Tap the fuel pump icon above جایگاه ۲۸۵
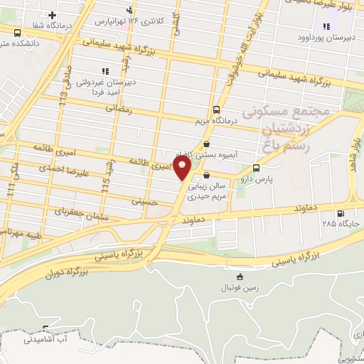(341, 213)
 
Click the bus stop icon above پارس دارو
(256, 168)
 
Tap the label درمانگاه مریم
(216, 122)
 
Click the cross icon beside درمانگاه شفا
(52, 15)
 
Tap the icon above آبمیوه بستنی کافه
(206, 144)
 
